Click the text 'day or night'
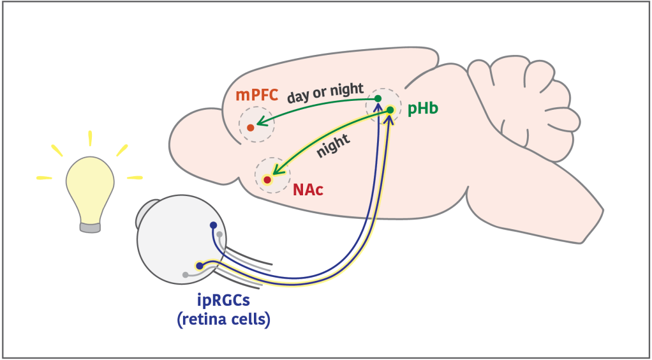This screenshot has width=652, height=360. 325,93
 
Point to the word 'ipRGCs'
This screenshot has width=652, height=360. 223,300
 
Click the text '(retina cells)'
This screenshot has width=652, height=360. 224,319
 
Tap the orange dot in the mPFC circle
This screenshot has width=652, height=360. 251,128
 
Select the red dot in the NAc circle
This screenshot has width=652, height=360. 267,180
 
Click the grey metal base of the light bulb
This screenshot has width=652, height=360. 90,227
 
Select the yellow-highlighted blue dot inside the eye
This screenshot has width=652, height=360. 200,266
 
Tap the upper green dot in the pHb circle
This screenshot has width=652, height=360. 378,98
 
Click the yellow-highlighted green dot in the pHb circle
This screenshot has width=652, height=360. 390,110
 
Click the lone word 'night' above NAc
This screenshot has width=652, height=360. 333,148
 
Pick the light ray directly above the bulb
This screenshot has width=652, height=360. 91,138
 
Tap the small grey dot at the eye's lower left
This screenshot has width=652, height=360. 186,275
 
